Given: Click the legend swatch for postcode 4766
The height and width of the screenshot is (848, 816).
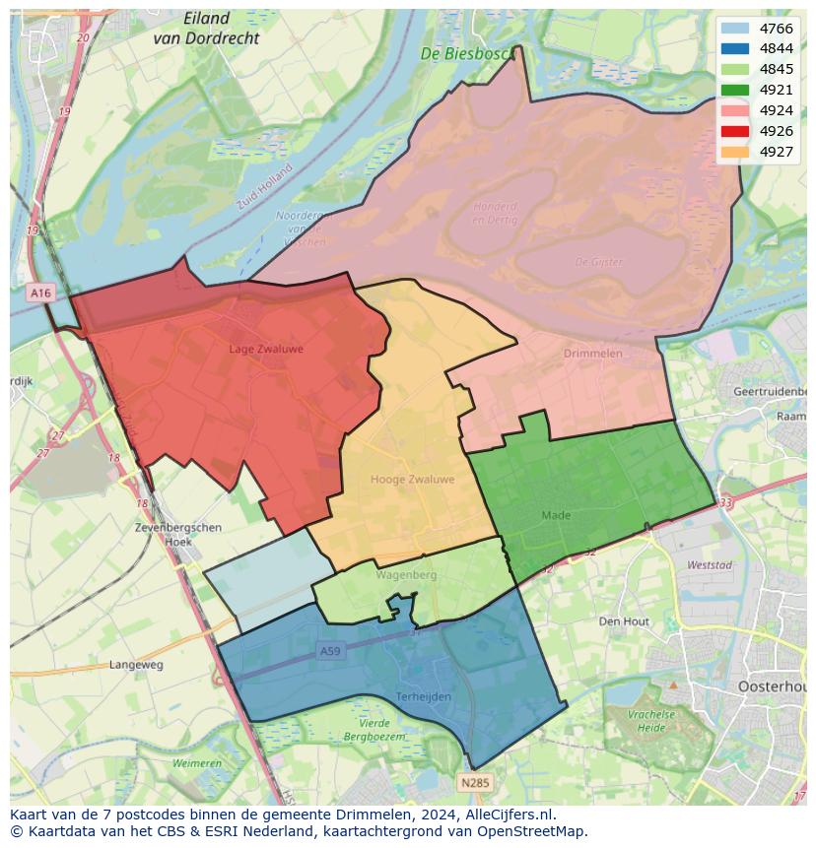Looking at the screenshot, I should point(734,29).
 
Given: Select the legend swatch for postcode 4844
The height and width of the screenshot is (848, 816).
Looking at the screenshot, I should point(734,49).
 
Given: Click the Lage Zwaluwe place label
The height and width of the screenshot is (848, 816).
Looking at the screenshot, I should point(266,349).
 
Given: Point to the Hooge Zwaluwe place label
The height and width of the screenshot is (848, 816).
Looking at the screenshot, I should point(412,480).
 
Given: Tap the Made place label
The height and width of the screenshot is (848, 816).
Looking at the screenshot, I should point(556,515).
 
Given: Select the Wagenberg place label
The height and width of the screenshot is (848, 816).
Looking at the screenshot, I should point(405,574).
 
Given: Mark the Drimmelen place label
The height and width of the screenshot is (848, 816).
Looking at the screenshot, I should point(592,353).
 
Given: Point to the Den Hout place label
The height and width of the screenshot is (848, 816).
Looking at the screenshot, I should point(624,621).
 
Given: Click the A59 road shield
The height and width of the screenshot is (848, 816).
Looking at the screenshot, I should point(329,651).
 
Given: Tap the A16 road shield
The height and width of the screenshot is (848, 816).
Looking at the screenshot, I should point(40,293).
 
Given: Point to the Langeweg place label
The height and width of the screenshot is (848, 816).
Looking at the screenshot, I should point(136,665).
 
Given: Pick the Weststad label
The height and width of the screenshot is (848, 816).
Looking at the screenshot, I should point(709,565).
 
